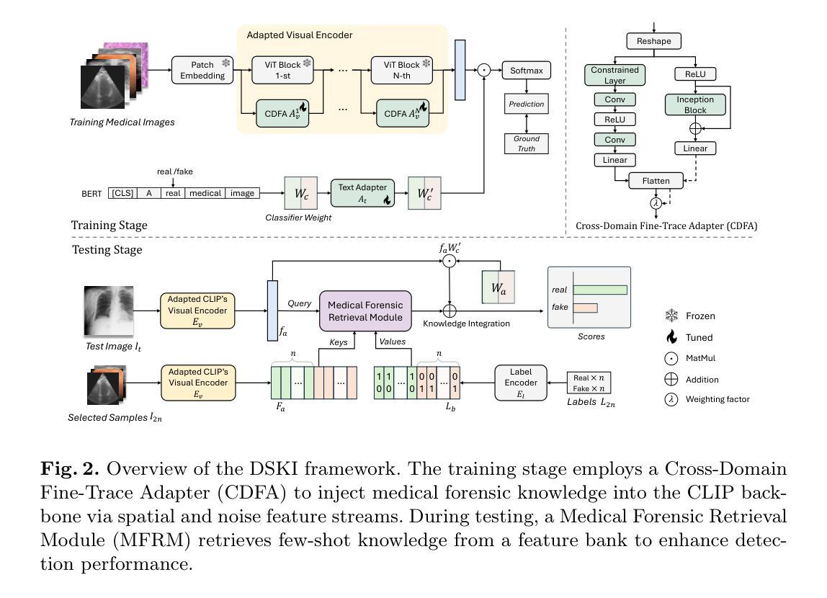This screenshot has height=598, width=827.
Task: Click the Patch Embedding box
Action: [202, 70]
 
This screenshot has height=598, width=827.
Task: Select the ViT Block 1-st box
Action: [282, 70]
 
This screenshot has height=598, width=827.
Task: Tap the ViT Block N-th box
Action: [402, 70]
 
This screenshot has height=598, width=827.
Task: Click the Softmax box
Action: [527, 71]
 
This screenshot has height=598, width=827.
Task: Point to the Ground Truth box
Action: [527, 143]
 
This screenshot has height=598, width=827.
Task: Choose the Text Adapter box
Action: [362, 193]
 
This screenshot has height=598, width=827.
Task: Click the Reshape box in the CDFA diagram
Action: [654, 41]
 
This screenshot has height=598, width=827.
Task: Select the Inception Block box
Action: [695, 104]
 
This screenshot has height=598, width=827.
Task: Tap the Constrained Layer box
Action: [615, 75]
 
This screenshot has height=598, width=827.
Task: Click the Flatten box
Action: [656, 181]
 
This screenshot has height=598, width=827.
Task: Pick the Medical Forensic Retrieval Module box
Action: [365, 311]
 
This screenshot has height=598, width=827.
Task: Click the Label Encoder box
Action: [521, 383]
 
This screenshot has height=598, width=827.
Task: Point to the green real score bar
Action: [600, 290]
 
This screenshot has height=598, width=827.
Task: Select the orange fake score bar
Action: [586, 308]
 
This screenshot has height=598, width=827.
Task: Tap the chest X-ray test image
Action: [109, 311]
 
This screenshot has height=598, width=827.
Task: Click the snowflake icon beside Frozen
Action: [671, 316]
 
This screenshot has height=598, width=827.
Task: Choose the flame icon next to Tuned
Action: [671, 337]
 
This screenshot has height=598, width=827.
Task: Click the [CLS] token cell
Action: [123, 193]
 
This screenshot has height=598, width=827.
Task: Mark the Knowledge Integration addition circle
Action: [450, 311]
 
